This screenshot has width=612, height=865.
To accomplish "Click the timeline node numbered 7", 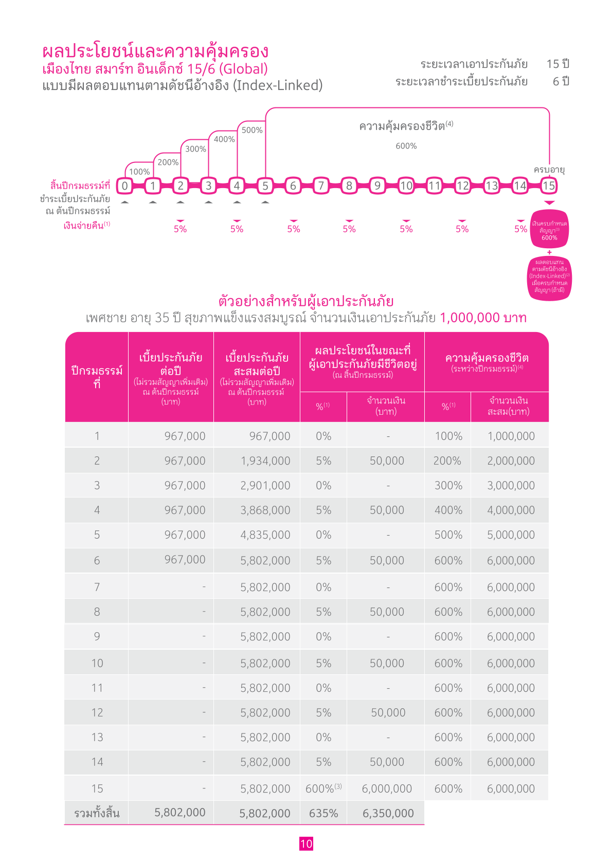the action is click(321, 186).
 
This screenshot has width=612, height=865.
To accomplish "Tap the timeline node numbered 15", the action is click(549, 186).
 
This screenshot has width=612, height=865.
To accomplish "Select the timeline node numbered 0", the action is click(124, 186).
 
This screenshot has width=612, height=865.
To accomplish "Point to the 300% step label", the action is click(195, 149).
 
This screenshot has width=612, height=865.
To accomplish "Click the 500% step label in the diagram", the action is click(252, 130).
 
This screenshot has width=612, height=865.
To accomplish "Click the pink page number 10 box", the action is click(306, 844).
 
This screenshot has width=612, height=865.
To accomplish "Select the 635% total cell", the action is click(323, 813).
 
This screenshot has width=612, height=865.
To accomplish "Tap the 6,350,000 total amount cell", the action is click(388, 813).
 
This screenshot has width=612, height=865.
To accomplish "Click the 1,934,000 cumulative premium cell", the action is click(265, 461).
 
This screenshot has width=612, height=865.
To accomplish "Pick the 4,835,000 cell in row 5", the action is click(265, 535).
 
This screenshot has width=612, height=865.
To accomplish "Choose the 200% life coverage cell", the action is click(447, 461).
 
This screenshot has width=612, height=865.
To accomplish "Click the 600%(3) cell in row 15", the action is click(323, 788).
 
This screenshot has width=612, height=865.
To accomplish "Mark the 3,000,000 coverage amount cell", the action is click(511, 485).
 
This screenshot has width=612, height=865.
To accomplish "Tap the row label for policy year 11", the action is click(97, 688).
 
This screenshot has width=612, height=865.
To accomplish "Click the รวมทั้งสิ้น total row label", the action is click(97, 813).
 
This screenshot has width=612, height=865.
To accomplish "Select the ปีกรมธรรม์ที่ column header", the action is click(97, 377).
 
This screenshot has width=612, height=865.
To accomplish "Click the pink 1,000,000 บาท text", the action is click(483, 318).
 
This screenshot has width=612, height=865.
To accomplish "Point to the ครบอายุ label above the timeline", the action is click(549, 170).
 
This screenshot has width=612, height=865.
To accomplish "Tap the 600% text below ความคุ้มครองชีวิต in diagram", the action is click(406, 146).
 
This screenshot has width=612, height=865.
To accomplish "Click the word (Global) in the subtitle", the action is click(243, 69).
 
